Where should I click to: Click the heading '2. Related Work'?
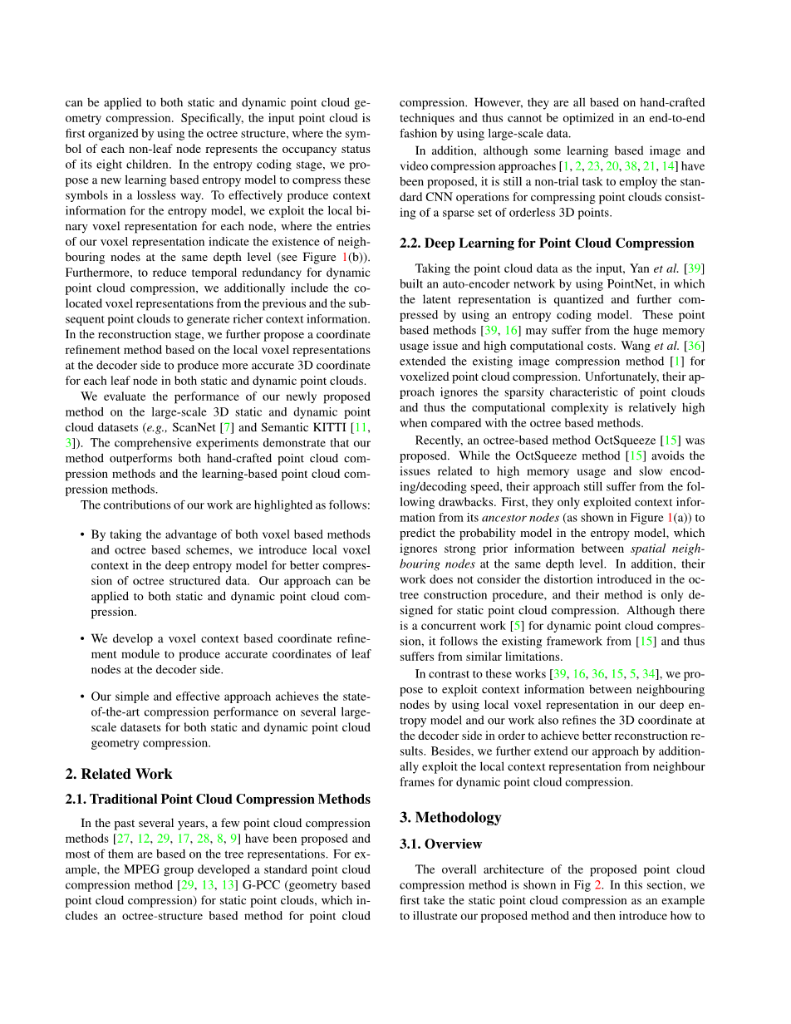119,774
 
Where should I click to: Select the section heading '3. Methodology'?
450,817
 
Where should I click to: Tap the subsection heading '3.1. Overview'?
440,844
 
